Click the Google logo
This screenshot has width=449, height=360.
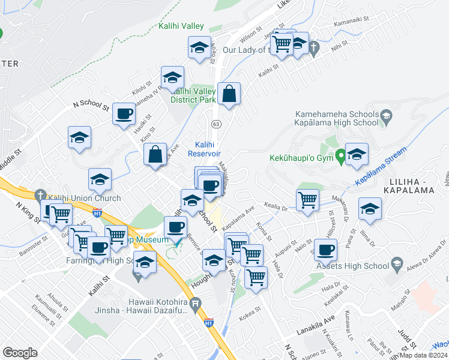tap(20, 353)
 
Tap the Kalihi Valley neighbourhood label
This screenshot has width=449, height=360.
tap(181, 26)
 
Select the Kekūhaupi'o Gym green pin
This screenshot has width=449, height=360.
tap(341, 157)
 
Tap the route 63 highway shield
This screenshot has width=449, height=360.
tap(214, 123)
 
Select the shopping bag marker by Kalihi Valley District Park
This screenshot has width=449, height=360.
tap(229, 94)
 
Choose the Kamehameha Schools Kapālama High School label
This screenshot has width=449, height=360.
tap(336, 118)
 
